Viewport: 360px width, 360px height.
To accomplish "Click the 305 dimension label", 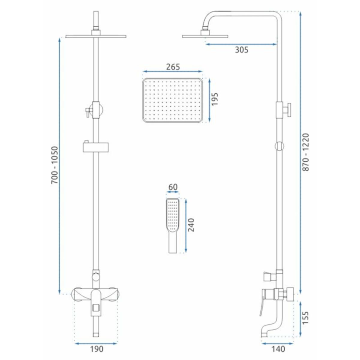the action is (241, 50).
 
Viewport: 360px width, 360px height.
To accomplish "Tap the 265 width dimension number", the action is (173, 67).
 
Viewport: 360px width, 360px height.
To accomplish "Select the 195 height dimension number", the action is (215, 99).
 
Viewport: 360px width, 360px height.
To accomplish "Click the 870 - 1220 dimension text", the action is (306, 152).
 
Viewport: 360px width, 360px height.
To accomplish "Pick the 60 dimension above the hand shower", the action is (173, 187).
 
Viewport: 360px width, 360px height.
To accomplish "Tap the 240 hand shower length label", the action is (191, 225).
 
